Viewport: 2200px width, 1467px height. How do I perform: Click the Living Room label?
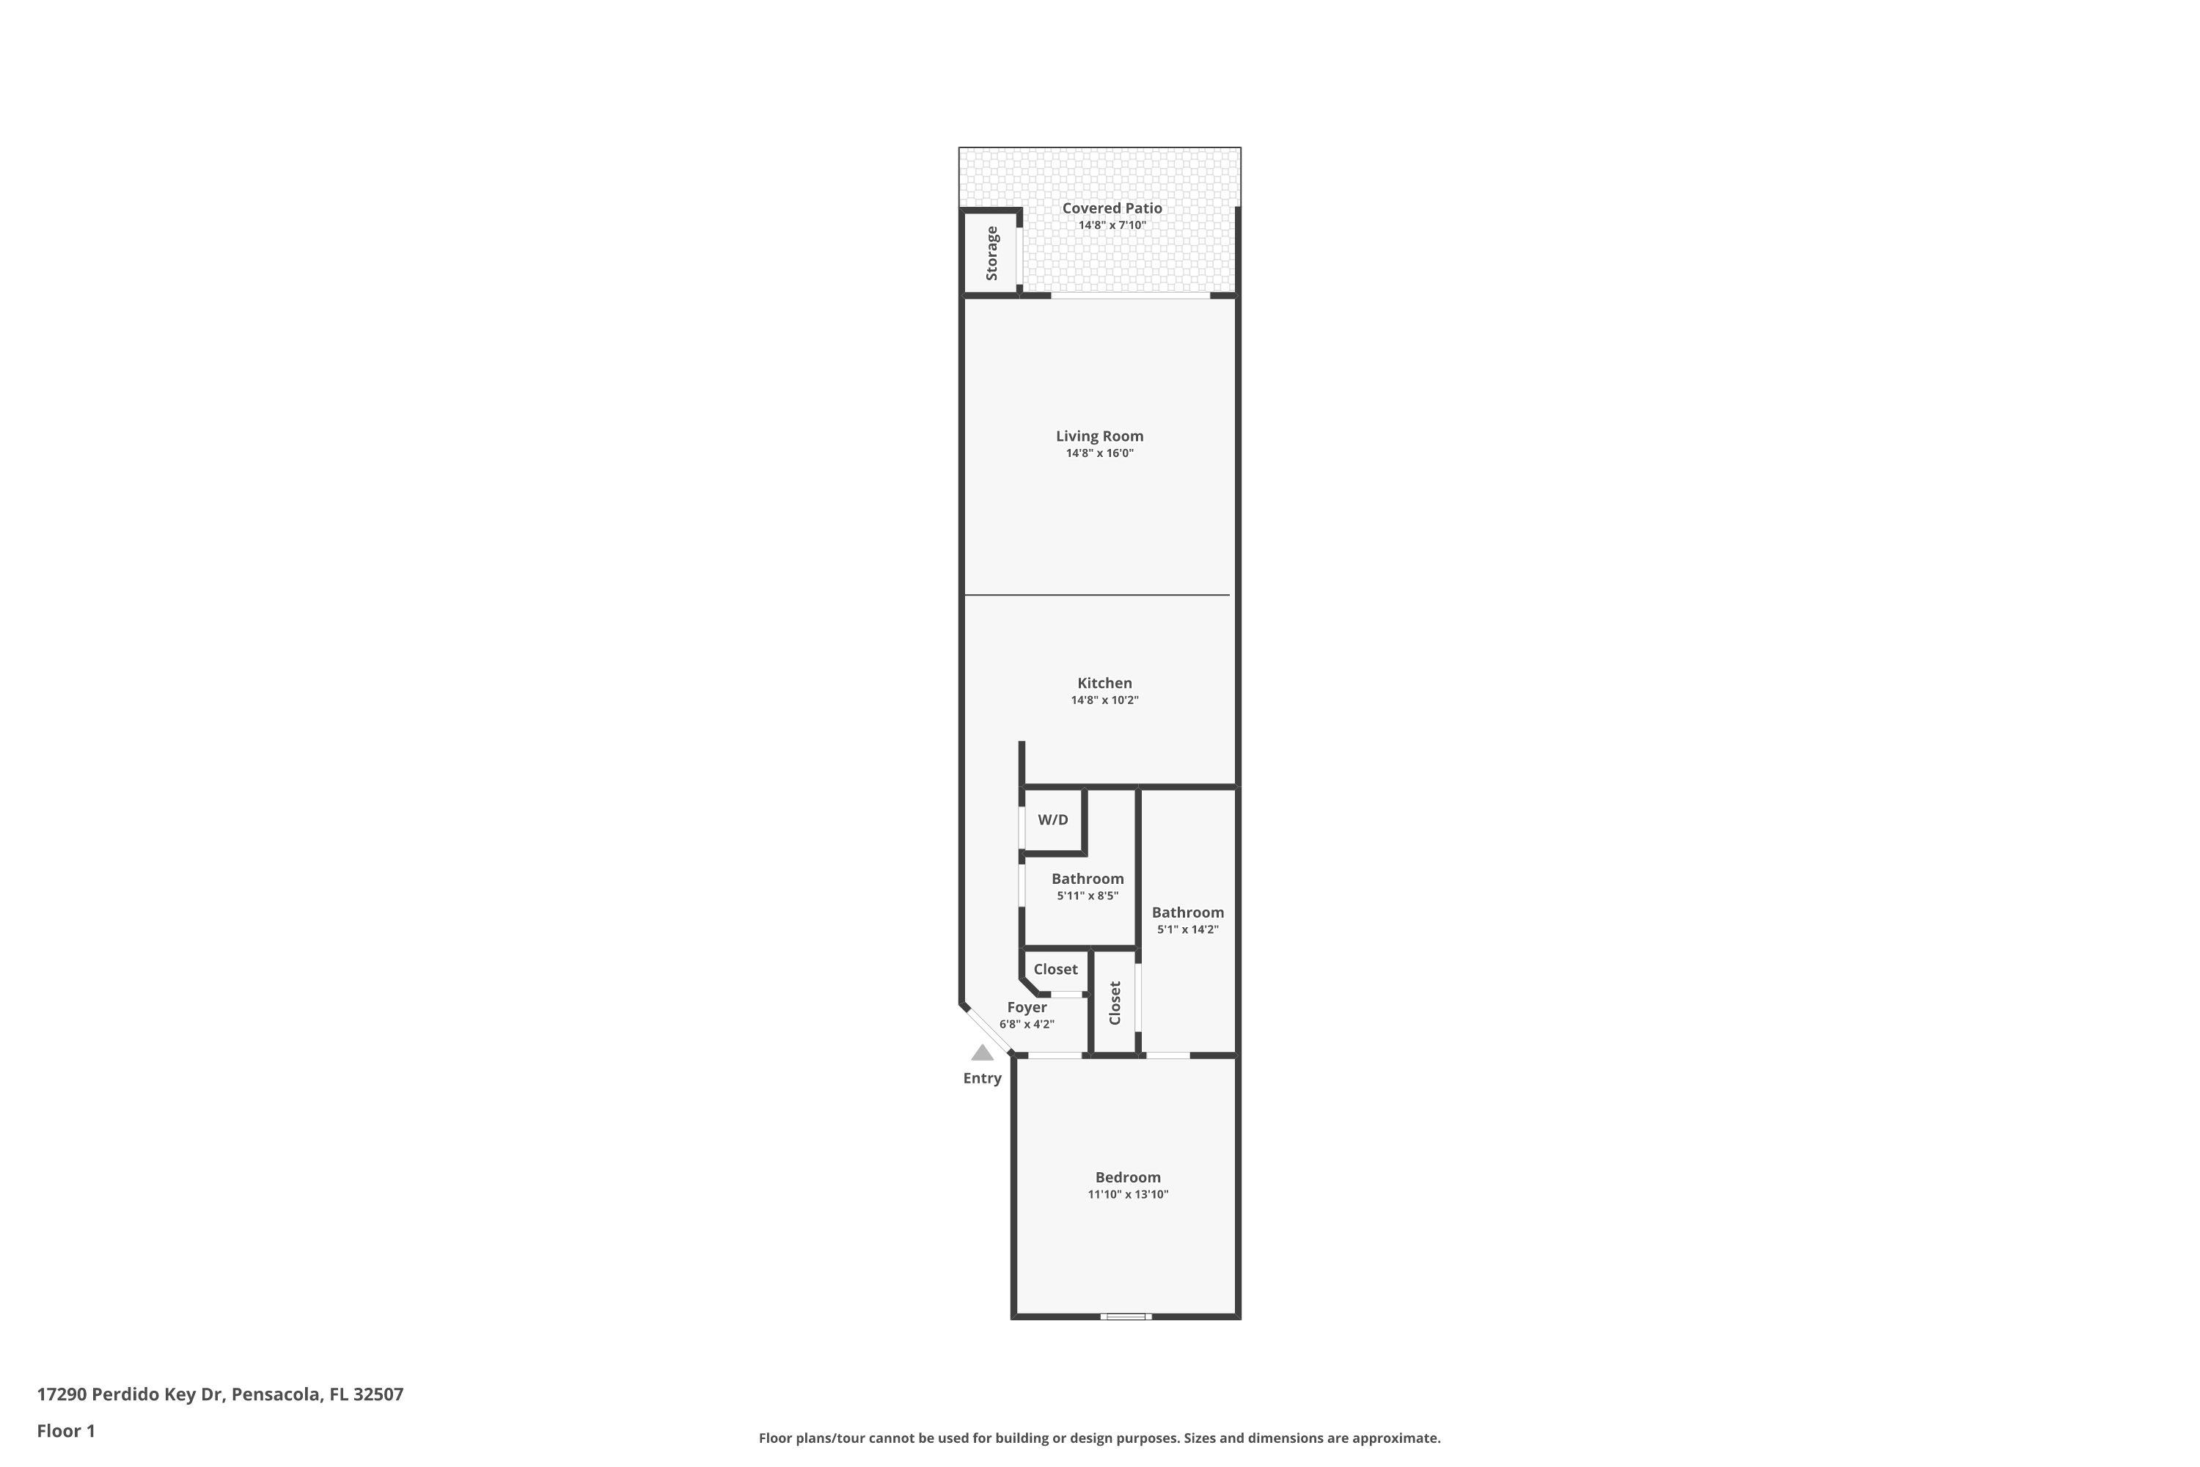coord(1099,436)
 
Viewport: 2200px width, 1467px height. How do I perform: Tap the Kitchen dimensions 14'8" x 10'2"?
coord(1104,700)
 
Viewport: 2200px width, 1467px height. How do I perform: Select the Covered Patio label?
coord(1112,208)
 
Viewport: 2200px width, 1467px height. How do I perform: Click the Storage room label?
coord(992,252)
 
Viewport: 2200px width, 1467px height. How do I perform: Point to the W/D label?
coord(1052,819)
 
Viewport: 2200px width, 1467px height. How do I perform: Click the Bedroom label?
coord(1128,1177)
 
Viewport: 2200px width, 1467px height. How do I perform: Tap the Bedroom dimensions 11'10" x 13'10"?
coord(1128,1194)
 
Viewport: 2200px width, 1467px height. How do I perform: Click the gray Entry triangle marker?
coord(982,1053)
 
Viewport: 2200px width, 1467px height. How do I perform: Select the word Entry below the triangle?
coord(982,1078)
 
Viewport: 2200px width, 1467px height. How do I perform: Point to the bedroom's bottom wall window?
coord(1125,1317)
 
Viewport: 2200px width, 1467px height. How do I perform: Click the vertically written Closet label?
coord(1115,1003)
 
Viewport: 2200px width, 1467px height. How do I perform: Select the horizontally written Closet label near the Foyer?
coord(1056,969)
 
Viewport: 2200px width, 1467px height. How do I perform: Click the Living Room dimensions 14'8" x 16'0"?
coord(1100,453)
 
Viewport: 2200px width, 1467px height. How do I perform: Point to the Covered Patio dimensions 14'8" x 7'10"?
coord(1112,225)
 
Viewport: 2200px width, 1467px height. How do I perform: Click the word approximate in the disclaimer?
coord(1394,1438)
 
